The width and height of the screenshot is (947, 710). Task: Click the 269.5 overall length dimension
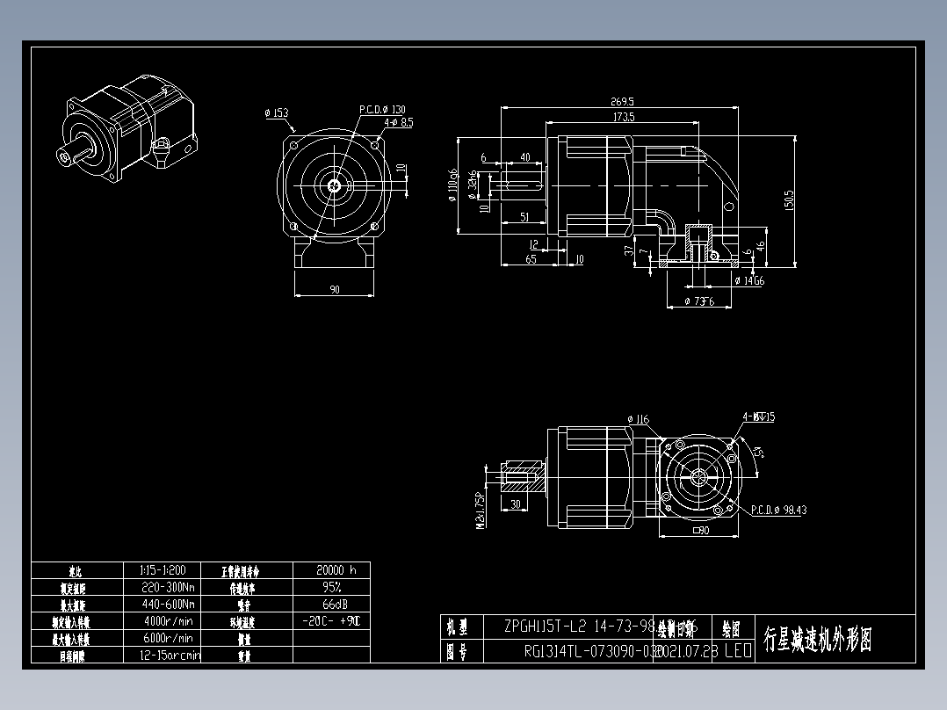pyautogui.click(x=620, y=101)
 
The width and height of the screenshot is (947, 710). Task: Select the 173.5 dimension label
pyautogui.click(x=624, y=117)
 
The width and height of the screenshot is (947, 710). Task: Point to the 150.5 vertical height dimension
pyautogui.click(x=789, y=200)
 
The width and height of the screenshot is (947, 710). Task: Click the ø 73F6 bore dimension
pyautogui.click(x=699, y=301)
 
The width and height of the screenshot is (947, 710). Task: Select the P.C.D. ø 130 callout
pyautogui.click(x=382, y=110)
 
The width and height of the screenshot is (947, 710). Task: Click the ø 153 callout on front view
pyautogui.click(x=276, y=113)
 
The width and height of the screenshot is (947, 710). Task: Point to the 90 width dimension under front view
pyautogui.click(x=335, y=290)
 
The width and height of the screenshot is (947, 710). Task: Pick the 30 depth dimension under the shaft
pyautogui.click(x=515, y=504)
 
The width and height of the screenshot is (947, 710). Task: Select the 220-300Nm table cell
pyautogui.click(x=168, y=586)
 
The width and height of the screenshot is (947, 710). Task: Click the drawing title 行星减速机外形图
pyautogui.click(x=817, y=639)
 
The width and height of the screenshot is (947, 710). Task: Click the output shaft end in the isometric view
pyautogui.click(x=67, y=156)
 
